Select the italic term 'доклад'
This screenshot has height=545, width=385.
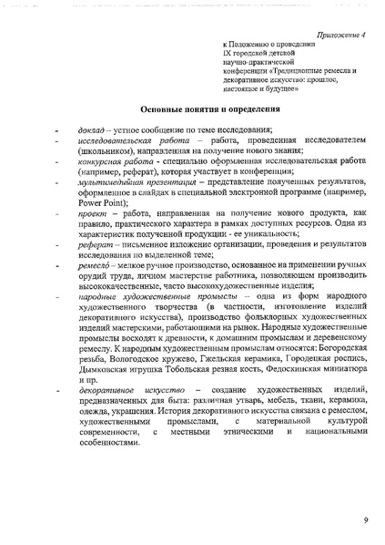pos(95,129)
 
